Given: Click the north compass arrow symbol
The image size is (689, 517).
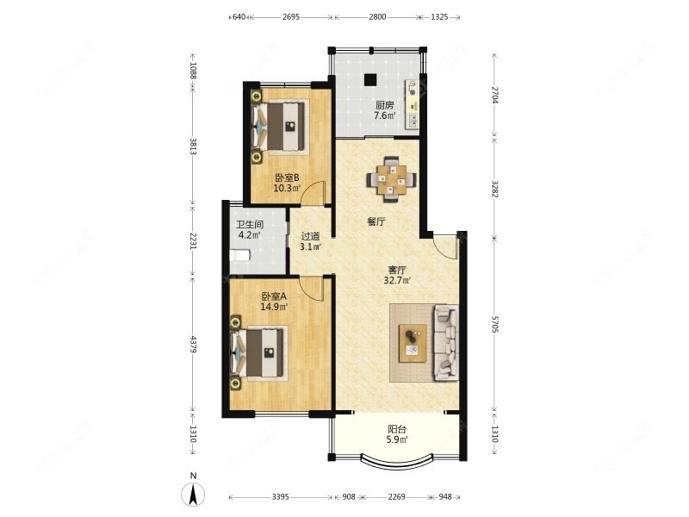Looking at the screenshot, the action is tap(192, 495).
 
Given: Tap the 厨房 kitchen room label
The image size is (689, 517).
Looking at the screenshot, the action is tap(384, 105).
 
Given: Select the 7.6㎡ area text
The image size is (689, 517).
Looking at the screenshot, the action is tap(384, 116).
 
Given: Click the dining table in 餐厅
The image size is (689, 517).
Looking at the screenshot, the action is tap(391, 179).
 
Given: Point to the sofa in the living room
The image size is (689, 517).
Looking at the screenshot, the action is tap(446, 342).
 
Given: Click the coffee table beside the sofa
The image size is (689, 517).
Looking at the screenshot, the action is tap(413, 343).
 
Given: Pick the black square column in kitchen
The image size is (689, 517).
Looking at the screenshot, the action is tap(370, 79).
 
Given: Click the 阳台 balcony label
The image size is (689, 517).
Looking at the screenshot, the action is tap(397, 429).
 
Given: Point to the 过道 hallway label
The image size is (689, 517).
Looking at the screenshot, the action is tap(310, 236).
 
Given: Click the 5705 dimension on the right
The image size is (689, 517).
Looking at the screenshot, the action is tap(494, 325).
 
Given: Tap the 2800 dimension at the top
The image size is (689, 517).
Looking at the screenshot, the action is tap(377, 17).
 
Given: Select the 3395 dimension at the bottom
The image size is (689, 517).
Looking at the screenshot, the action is tap(281, 497).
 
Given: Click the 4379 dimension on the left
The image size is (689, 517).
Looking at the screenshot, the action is tap(192, 344).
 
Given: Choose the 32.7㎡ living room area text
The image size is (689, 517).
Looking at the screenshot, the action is tap(397, 280).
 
